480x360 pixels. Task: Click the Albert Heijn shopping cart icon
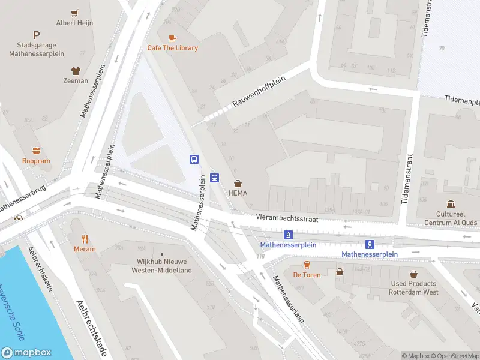[x=75, y=13]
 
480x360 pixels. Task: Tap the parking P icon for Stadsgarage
[x=37, y=35]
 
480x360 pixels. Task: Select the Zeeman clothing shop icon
[x=76, y=70]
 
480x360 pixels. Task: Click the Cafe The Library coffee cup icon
[x=172, y=38]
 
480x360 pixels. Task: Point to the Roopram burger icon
[x=36, y=151]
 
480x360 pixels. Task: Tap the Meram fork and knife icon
[x=85, y=238]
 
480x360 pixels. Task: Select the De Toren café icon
[x=306, y=264]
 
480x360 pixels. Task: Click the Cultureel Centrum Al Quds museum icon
[x=450, y=204]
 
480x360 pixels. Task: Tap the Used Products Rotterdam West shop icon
[x=414, y=274]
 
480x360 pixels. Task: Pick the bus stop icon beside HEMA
[x=215, y=178]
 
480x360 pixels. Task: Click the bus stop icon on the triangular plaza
[x=194, y=159]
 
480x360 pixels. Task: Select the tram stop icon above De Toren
[x=288, y=235]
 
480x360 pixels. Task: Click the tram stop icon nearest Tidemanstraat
[x=370, y=244]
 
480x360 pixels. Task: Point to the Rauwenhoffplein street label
[x=257, y=94]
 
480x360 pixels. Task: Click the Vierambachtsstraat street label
[x=286, y=219]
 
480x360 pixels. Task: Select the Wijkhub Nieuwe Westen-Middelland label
[x=161, y=266]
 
